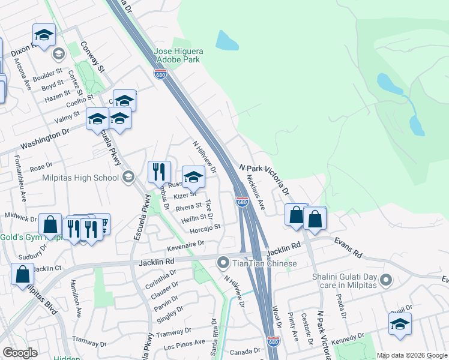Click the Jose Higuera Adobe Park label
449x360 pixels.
(x=179, y=56)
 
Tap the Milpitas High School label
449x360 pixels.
(x=80, y=178)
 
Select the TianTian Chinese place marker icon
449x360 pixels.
(x=223, y=262)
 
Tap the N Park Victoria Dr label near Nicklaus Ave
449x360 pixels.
(x=264, y=179)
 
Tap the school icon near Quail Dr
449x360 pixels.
(x=400, y=325)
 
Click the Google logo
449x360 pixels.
(x=20, y=352)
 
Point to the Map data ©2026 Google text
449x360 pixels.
(x=411, y=355)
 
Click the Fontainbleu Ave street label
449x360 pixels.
(x=20, y=179)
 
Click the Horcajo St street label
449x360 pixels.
(x=205, y=228)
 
